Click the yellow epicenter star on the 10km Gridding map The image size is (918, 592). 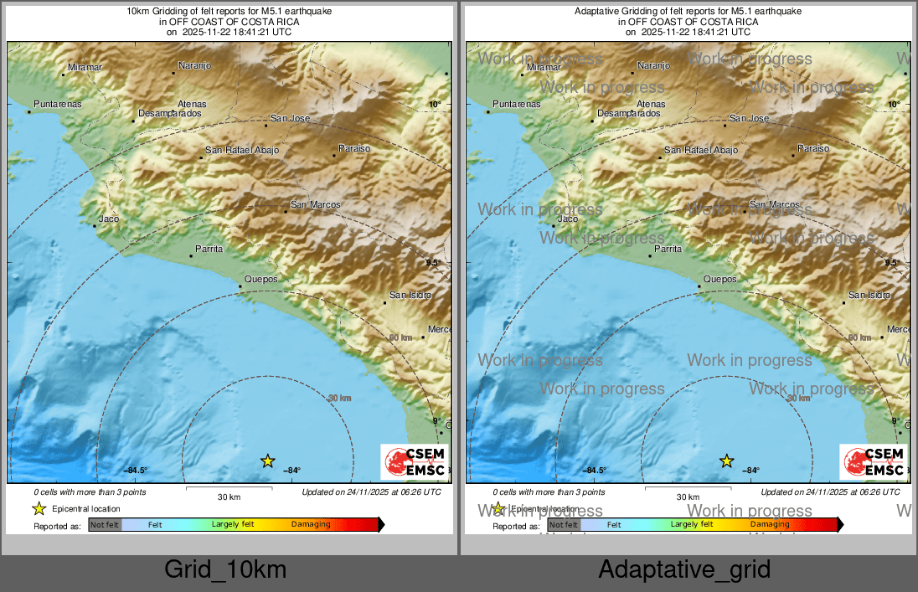(x=267, y=461)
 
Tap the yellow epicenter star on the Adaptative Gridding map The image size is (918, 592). (x=727, y=461)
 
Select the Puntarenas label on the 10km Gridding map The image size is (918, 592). (x=58, y=105)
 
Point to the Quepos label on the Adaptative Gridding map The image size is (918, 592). (x=720, y=279)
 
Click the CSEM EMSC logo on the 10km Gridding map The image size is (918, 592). (x=415, y=462)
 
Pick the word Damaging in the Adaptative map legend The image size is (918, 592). (x=769, y=524)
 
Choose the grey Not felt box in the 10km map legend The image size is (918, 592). (x=105, y=524)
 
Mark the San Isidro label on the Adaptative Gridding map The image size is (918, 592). (x=869, y=295)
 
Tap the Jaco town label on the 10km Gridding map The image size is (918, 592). (x=109, y=219)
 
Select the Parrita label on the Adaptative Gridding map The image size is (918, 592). (x=668, y=249)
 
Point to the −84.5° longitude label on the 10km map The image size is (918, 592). (x=137, y=471)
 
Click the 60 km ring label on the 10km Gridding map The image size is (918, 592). (x=400, y=337)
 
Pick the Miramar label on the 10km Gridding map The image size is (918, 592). (x=85, y=67)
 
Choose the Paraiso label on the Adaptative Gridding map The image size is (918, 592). (x=812, y=148)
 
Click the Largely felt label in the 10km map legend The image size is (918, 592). (x=233, y=524)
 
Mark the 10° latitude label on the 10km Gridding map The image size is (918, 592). (x=434, y=105)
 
